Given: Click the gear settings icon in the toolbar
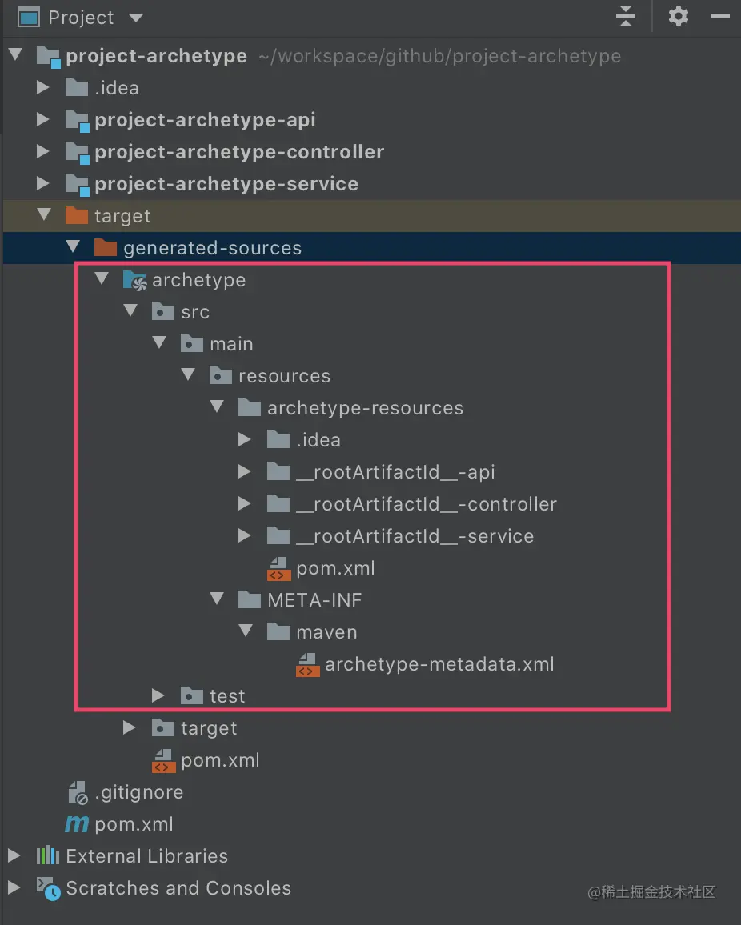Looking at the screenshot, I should coord(678,16).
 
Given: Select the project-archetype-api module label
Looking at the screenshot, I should coord(205,120).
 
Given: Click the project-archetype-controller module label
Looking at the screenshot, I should coord(239,152).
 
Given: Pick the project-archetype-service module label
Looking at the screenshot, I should coord(226,184).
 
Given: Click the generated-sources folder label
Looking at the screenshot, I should coord(212,248).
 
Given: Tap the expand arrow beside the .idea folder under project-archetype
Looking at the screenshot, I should coord(43,88).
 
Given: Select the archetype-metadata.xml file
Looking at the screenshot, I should coord(439,664).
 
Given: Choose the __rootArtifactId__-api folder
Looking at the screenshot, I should coord(395,472).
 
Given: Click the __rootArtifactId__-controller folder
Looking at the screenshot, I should coord(426,504).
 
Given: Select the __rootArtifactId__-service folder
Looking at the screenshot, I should coord(415,536).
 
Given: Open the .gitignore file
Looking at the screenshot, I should coord(138,792).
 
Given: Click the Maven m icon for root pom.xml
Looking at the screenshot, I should coord(77,824).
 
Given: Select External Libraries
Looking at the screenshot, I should coord(146,856).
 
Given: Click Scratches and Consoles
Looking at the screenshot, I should coord(178,888).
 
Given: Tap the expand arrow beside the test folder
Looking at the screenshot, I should coord(158,696).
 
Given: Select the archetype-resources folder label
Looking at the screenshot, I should coord(365,408).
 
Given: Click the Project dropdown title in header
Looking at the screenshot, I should coord(81,18).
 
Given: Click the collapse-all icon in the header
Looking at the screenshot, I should coord(625,16).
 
